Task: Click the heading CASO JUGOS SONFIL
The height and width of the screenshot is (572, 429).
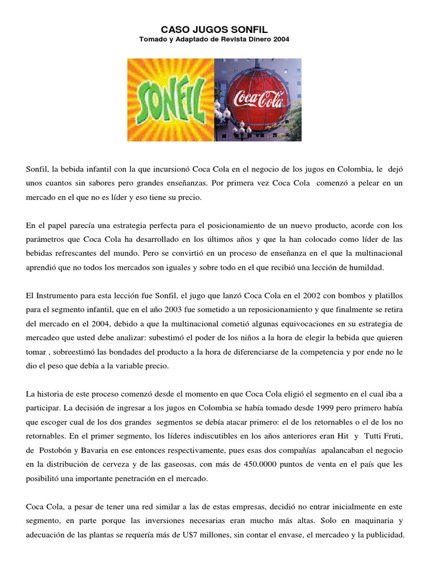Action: [214, 28]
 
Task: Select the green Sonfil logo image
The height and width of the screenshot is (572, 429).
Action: [170, 100]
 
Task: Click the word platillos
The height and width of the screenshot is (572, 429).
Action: [383, 295]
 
